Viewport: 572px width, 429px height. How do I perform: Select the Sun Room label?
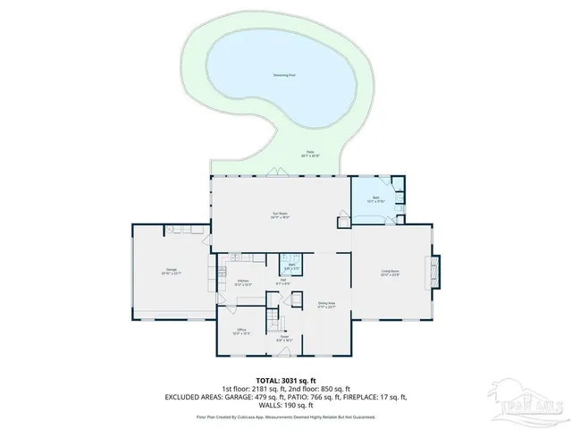click(x=280, y=214)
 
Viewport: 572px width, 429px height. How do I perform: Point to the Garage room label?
click(x=169, y=272)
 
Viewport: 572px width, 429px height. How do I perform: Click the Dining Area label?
click(x=325, y=305)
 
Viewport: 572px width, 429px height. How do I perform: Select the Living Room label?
click(x=390, y=273)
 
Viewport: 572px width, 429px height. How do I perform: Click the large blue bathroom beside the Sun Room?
click(x=376, y=198)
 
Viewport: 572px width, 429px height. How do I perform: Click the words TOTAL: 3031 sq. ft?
click(x=285, y=380)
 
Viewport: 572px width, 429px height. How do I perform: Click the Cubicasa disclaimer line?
click(x=285, y=416)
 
